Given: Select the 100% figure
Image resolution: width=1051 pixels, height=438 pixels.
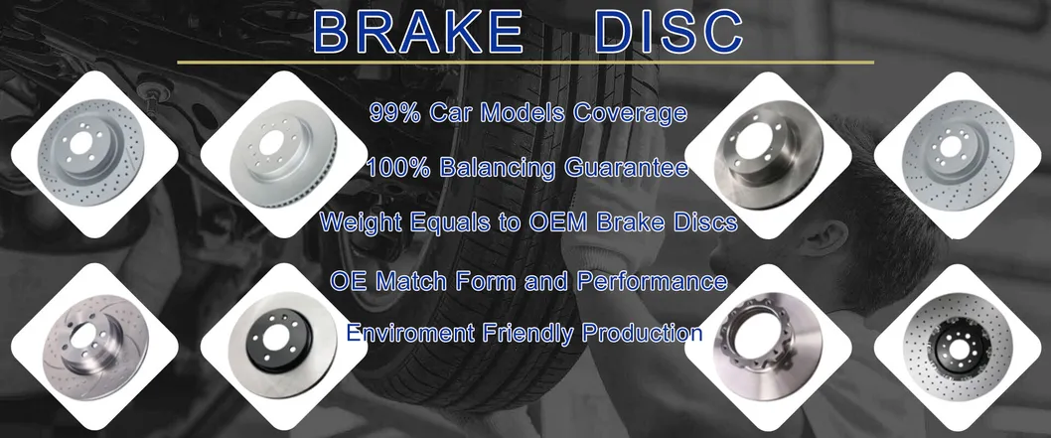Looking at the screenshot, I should click(397, 168).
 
